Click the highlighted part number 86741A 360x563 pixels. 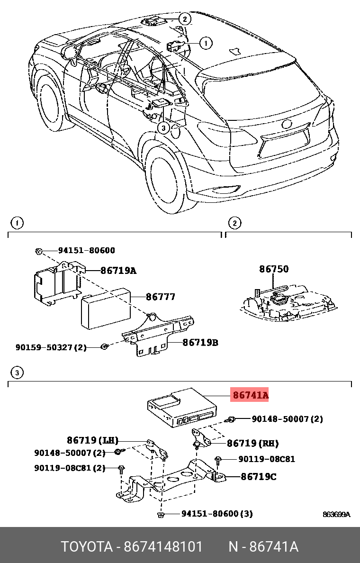pyautogui.click(x=250, y=394)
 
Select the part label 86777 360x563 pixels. pyautogui.click(x=160, y=297)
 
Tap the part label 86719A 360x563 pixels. pyautogui.click(x=118, y=271)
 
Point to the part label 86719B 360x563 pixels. pyautogui.click(x=200, y=342)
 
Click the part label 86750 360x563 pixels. pyautogui.click(x=273, y=269)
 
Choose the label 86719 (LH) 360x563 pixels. pyautogui.click(x=92, y=440)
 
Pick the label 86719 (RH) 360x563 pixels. pyautogui.click(x=252, y=444)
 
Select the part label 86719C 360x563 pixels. pyautogui.click(x=258, y=476)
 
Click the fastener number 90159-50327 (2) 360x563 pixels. pyautogui.click(x=51, y=347)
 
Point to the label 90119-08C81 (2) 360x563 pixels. pyautogui.click(x=69, y=468)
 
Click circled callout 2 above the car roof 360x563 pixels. pyautogui.click(x=184, y=19)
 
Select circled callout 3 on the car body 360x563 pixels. pyautogui.click(x=162, y=127)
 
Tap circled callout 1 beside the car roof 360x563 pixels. pyautogui.click(x=205, y=44)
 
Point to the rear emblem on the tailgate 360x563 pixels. pyautogui.click(x=287, y=125)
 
